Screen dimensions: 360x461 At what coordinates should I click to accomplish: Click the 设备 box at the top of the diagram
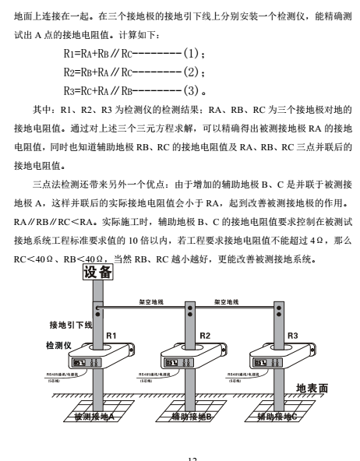(x=97, y=272)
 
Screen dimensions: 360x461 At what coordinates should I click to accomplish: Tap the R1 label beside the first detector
(x=111, y=336)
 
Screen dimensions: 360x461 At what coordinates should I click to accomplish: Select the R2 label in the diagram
(x=205, y=336)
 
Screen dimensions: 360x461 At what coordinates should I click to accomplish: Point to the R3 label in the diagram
(x=293, y=336)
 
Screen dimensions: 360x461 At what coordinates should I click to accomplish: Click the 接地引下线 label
(x=71, y=325)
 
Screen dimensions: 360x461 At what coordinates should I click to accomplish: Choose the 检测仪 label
(x=58, y=345)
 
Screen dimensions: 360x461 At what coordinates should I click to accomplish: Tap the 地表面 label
(x=312, y=389)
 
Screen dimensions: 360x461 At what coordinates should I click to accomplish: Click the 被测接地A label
(x=94, y=417)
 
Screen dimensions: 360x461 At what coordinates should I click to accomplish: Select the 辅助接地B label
(x=192, y=417)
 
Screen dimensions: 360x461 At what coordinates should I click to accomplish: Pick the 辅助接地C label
(x=277, y=417)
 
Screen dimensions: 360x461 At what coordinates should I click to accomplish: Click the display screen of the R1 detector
(x=79, y=363)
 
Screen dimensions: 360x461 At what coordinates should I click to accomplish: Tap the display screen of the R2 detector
(x=171, y=363)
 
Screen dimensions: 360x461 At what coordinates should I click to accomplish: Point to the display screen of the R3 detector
(x=260, y=363)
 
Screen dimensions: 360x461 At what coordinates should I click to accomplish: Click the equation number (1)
(x=191, y=53)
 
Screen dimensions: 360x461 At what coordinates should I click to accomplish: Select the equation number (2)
(x=191, y=72)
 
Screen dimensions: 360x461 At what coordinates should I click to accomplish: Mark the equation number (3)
(x=191, y=90)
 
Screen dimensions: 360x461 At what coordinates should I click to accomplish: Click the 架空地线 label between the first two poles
(x=151, y=302)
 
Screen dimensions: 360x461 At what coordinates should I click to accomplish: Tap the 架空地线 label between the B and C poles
(x=226, y=302)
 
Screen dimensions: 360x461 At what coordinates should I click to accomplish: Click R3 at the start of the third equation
(x=69, y=90)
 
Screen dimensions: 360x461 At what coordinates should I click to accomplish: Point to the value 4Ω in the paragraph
(x=316, y=241)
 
